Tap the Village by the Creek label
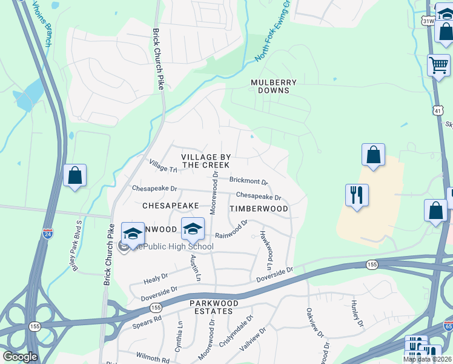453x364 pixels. pyautogui.click(x=206, y=161)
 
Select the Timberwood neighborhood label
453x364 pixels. pyautogui.click(x=259, y=208)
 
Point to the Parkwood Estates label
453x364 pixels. pyautogui.click(x=211, y=306)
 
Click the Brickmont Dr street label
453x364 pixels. pyautogui.click(x=248, y=181)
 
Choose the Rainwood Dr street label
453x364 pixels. pyautogui.click(x=231, y=229)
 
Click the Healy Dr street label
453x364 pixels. pyautogui.click(x=156, y=279)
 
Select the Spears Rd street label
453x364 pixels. pyautogui.click(x=147, y=322)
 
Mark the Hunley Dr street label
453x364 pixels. pyautogui.click(x=355, y=314)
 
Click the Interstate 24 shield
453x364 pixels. pyautogui.click(x=48, y=232)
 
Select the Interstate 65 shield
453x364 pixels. pyautogui.click(x=447, y=325)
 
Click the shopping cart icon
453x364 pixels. pyautogui.click(x=438, y=64)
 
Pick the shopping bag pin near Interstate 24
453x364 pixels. pyautogui.click(x=74, y=175)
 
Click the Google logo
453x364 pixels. pyautogui.click(x=20, y=357)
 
